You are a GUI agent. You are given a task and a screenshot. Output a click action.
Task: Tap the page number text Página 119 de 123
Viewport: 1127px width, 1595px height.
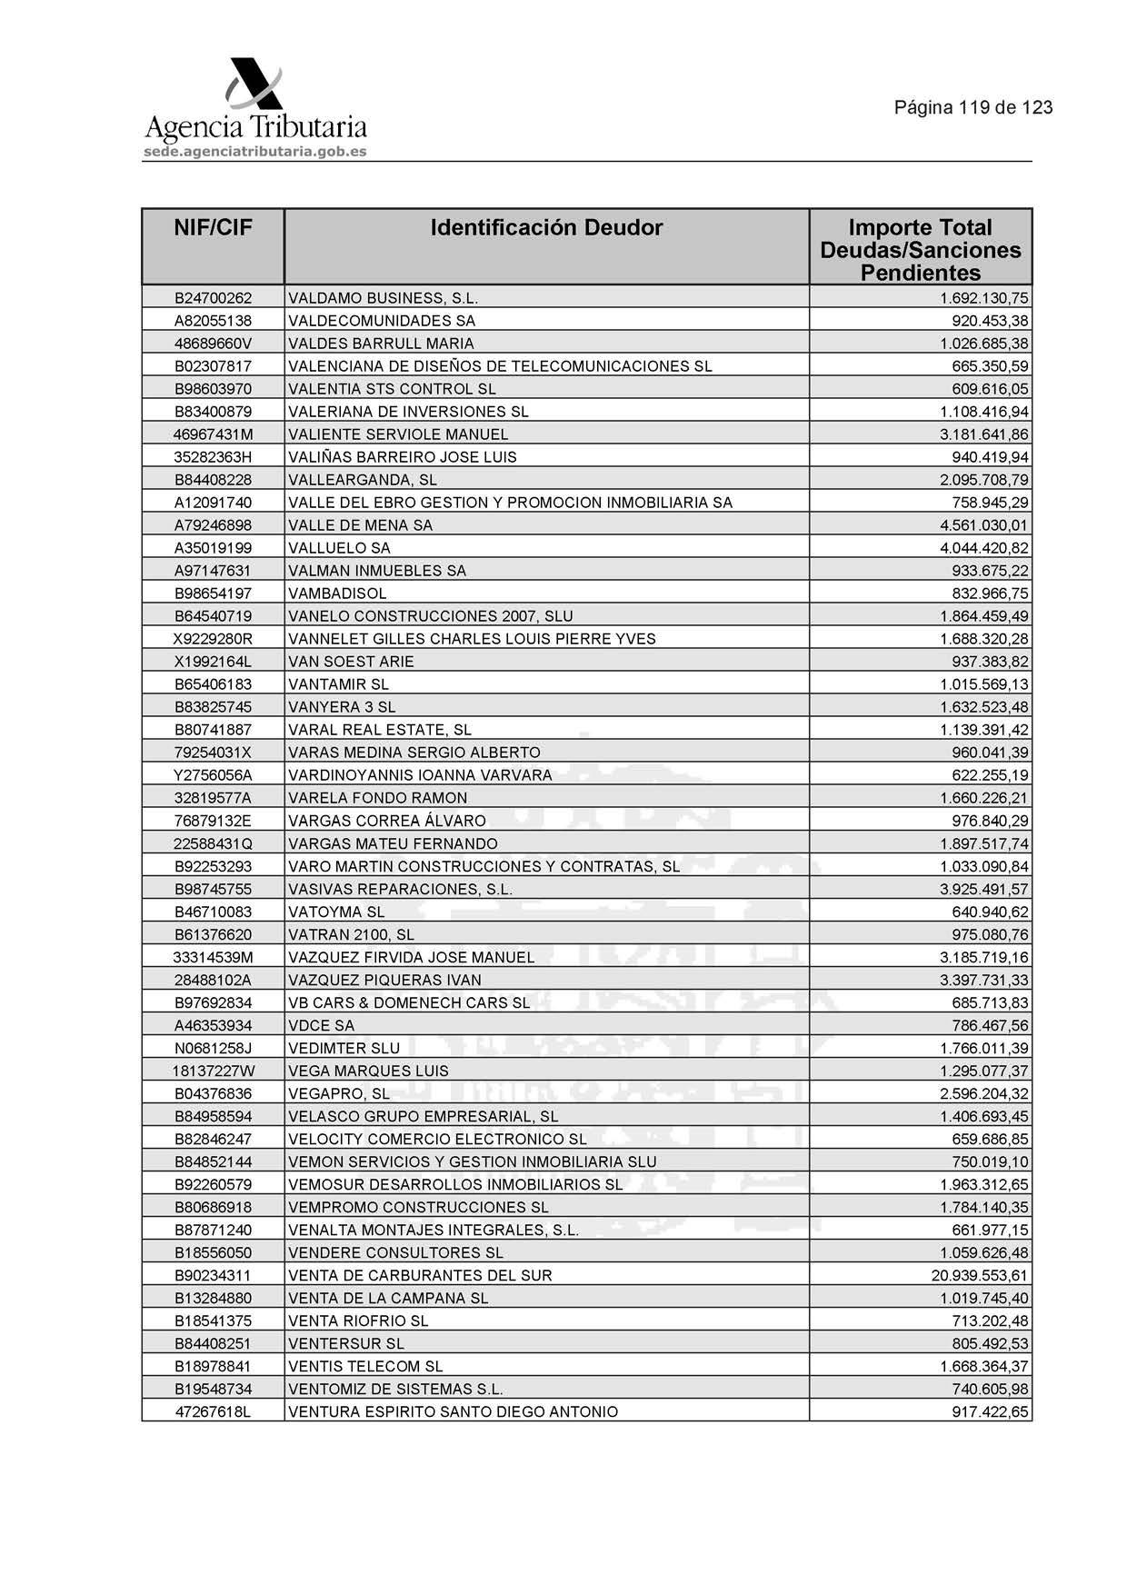972,108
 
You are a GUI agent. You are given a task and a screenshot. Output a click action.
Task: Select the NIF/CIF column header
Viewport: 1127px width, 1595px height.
213,228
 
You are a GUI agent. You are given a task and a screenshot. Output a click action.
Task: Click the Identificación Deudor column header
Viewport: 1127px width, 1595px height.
546,228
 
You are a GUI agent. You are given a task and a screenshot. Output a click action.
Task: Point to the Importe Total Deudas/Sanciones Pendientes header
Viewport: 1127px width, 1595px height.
920,250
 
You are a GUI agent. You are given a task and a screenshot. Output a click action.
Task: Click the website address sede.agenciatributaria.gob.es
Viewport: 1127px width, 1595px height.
254,152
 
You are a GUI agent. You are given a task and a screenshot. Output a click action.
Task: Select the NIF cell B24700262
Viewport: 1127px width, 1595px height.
213,298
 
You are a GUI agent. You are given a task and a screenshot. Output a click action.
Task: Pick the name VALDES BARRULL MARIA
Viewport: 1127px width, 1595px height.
381,344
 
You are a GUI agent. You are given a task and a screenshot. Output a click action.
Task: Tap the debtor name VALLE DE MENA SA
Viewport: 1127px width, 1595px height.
360,525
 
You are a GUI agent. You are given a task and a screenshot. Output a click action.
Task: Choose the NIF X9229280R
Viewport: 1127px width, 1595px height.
213,639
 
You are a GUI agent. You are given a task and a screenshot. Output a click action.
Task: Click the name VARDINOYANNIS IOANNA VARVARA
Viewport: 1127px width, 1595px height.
420,775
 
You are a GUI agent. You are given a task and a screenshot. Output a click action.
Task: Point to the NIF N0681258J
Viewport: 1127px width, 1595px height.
213,1048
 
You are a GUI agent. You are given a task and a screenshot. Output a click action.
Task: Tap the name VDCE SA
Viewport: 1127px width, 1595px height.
321,1025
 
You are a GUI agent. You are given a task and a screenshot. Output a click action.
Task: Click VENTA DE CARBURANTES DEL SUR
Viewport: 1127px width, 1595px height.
420,1276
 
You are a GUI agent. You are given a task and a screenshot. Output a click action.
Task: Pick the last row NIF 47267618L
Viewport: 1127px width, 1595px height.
213,1412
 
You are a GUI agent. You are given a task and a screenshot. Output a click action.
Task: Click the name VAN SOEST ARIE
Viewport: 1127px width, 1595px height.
351,662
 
